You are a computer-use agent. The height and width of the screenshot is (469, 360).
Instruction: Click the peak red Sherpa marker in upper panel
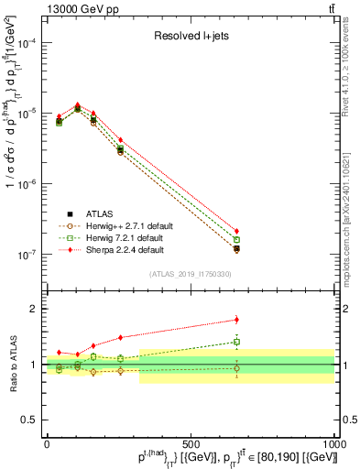tap(77, 105)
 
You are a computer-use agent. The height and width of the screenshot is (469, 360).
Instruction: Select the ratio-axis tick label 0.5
tap(29, 419)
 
